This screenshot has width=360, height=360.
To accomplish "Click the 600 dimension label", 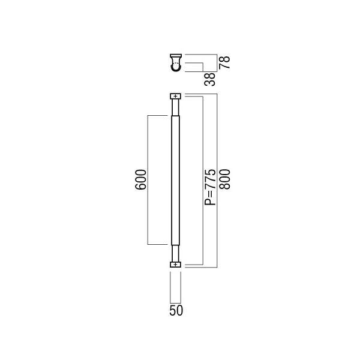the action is pos(140,179).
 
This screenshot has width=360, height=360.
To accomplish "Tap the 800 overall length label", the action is pos(224,179).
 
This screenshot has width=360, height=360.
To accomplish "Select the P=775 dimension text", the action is pos(210,187).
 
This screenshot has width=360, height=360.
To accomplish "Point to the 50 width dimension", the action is pos(176,310).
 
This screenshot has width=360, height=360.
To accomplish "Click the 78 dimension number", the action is pos(224,62).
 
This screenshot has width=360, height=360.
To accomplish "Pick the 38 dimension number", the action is pos(210,79).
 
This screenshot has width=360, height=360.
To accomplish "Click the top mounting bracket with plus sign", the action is pos(176,96).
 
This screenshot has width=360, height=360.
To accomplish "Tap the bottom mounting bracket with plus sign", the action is pos(176,265).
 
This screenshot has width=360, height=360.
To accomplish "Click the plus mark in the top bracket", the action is pos(176,96).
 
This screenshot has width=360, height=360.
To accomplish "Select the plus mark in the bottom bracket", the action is pos(176,265).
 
